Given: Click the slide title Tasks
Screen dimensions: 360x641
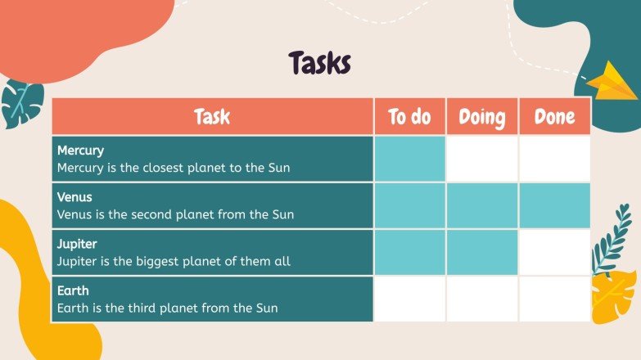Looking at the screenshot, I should [319, 63].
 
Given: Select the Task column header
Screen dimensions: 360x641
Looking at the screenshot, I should [212, 117].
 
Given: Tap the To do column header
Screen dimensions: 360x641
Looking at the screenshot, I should [409, 117].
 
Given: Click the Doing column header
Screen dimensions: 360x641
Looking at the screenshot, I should [481, 117].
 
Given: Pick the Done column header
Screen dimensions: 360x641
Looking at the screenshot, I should [554, 117].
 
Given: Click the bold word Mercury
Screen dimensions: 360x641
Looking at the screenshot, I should [80, 151].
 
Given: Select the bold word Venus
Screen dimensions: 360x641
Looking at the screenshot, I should [74, 197].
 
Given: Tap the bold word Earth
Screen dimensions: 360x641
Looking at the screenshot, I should [73, 290].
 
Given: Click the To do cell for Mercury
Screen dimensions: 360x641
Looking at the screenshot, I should [409, 159].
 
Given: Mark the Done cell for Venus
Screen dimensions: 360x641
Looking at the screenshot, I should [554, 205].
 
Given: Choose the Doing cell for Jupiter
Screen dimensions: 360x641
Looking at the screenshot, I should [481, 252].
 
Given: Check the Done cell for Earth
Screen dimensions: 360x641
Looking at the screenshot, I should [554, 299].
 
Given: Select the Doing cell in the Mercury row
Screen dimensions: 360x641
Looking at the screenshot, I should [481, 159].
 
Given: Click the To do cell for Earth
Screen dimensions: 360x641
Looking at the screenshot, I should [409, 299].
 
